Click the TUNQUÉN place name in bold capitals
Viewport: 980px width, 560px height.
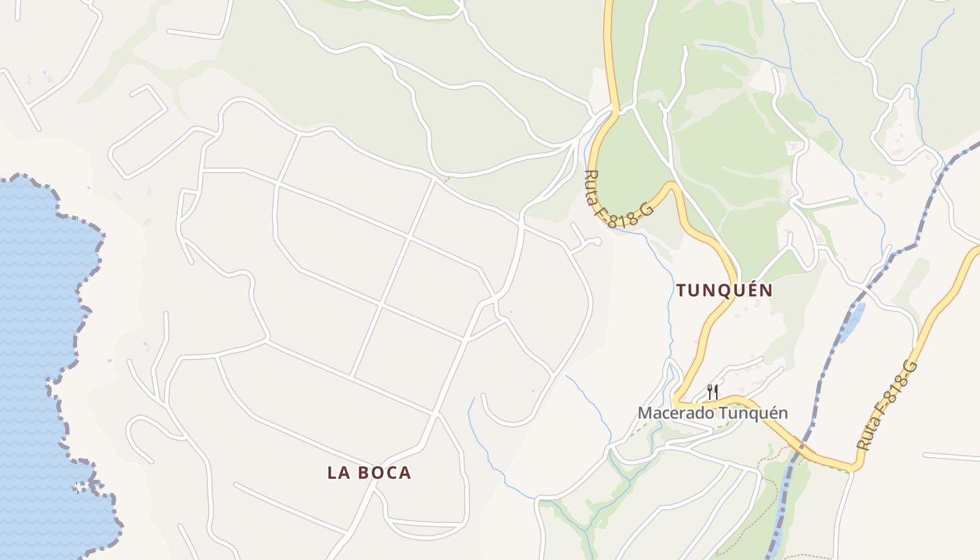tap(724, 290)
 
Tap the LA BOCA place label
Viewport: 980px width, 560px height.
tap(369, 472)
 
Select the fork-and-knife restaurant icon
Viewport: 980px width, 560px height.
tap(713, 391)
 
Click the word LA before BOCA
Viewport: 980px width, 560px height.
tap(338, 472)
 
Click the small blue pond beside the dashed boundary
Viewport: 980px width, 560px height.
tap(852, 322)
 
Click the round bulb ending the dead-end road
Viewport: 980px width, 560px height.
tap(596, 241)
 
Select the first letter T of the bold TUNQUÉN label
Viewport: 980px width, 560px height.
tap(681, 290)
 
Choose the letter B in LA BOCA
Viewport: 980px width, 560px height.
tap(365, 472)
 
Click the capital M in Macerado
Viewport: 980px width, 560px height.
tap(644, 413)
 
